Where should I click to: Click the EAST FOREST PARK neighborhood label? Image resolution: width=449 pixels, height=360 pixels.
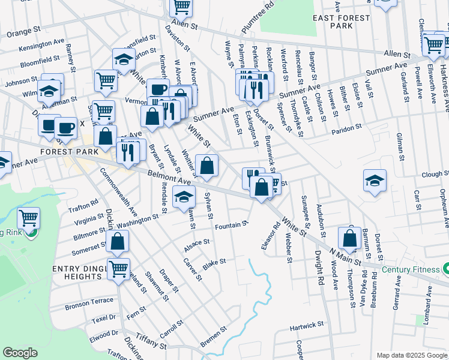point(342,22)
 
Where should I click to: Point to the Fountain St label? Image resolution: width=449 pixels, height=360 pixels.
point(231,226)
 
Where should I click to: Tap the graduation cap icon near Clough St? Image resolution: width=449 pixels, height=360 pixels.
point(375,181)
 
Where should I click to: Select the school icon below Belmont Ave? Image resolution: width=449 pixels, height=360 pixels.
point(184,197)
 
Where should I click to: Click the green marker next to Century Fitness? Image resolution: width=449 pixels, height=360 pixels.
point(445,268)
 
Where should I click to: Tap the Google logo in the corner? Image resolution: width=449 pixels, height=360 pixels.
point(20,353)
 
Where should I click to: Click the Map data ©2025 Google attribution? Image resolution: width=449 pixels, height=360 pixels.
point(411,355)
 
